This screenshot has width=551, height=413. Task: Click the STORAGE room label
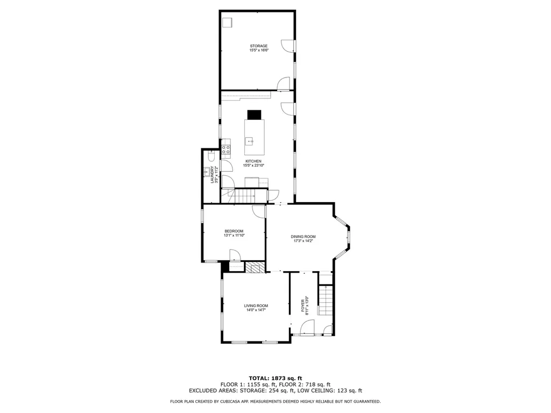click(x=258, y=46)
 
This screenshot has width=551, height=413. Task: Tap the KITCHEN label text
click(x=253, y=161)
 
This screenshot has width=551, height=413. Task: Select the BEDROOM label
click(x=234, y=231)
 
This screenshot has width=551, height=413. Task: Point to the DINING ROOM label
click(x=303, y=237)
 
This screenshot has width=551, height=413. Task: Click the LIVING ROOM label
click(x=256, y=306)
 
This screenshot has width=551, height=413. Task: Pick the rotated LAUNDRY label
click(x=213, y=175)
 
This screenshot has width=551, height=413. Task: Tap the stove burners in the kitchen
click(x=227, y=149)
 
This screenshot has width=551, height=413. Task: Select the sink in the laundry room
click(x=207, y=173)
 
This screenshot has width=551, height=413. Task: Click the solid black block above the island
click(x=254, y=115)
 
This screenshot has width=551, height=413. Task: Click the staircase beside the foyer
click(x=325, y=300)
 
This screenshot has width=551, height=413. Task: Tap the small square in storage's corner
click(x=228, y=22)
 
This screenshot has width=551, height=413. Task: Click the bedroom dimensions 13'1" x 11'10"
click(x=234, y=236)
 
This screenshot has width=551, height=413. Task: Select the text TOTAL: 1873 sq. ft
click(x=275, y=378)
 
